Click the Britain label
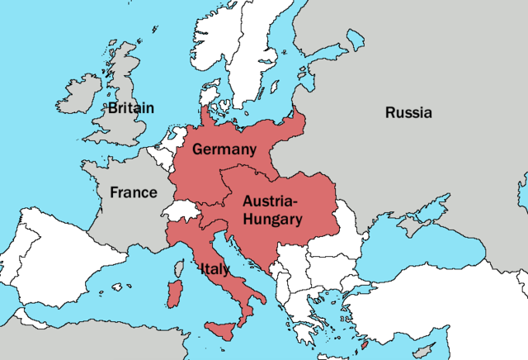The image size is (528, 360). pos(130,107)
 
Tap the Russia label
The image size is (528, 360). pos(408,113)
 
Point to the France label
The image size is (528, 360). pos(133,192)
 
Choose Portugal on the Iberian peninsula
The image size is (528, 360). pos(11,264)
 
